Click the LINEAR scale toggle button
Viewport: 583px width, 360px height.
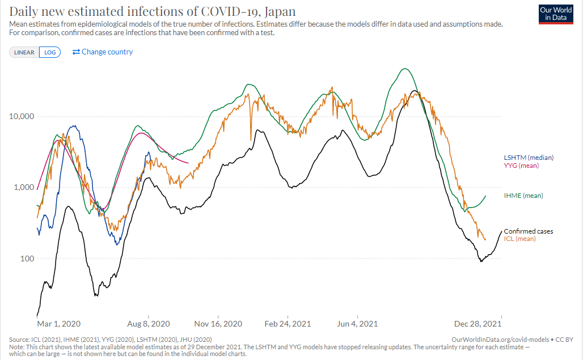click(x=24, y=52)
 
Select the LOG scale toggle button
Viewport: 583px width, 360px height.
click(x=50, y=52)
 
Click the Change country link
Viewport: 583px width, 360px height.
click(x=103, y=52)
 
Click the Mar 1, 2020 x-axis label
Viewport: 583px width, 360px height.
click(x=58, y=324)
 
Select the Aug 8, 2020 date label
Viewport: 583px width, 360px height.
click(x=149, y=324)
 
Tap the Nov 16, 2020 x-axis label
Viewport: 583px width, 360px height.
click(x=218, y=324)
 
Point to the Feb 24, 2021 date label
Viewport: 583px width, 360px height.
click(x=288, y=324)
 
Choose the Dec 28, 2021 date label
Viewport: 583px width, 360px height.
click(x=478, y=324)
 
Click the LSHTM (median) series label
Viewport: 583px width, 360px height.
click(x=529, y=158)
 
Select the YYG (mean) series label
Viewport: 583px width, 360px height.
click(x=521, y=166)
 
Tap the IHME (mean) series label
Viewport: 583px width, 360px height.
click(x=523, y=196)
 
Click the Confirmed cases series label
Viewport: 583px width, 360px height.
click(x=529, y=231)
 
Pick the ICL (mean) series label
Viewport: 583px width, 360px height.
click(x=520, y=239)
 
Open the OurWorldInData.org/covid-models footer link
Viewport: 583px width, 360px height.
click(x=495, y=338)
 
